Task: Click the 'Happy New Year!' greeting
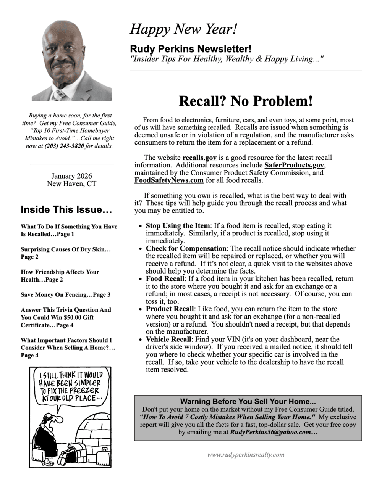tap(183, 29)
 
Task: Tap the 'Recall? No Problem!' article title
tap(246, 101)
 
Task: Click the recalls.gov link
tap(199, 158)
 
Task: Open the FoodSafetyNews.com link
tap(169, 180)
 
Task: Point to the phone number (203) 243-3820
tap(64, 146)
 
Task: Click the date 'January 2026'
tap(71, 176)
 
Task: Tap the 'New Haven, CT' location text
tap(71, 183)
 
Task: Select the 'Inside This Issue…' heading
tap(66, 209)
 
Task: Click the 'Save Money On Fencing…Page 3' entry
tap(66, 294)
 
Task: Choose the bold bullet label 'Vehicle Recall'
tap(168, 339)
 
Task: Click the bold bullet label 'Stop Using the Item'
tap(178, 225)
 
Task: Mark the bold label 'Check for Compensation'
tap(186, 248)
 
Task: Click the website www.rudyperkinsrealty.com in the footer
tap(246, 454)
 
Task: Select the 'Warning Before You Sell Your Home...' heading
tap(248, 401)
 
